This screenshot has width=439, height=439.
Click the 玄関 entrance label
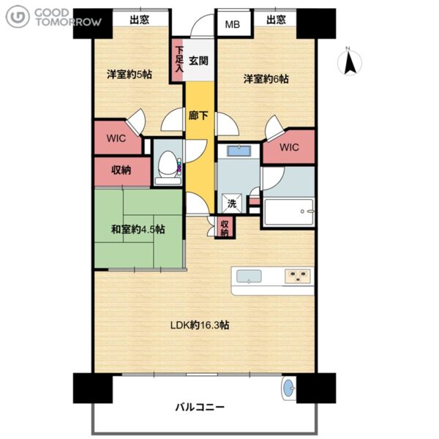coord(198,61)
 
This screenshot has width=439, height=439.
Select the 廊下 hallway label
coord(198,115)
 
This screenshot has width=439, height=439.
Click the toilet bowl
coord(168,165)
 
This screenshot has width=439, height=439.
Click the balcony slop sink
coord(288,388)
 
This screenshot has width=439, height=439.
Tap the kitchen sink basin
coord(249,277)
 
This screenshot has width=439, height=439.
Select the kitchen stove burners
coord(298,276)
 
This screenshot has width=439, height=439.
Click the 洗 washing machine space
coord(232,203)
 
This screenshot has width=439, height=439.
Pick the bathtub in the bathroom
coord(289,212)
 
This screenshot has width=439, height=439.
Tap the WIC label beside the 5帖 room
coord(116,138)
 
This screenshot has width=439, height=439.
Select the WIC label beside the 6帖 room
coord(289,147)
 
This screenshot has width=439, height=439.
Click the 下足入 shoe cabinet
coord(178,60)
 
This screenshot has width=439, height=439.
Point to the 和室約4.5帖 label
coord(138,229)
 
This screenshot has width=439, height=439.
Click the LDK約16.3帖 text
coord(200,325)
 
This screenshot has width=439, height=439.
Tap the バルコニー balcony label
coord(200,407)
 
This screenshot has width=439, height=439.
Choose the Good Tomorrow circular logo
coord(18,17)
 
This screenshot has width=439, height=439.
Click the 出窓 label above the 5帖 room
coord(139,20)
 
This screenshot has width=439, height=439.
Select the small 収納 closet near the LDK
coord(225,228)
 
